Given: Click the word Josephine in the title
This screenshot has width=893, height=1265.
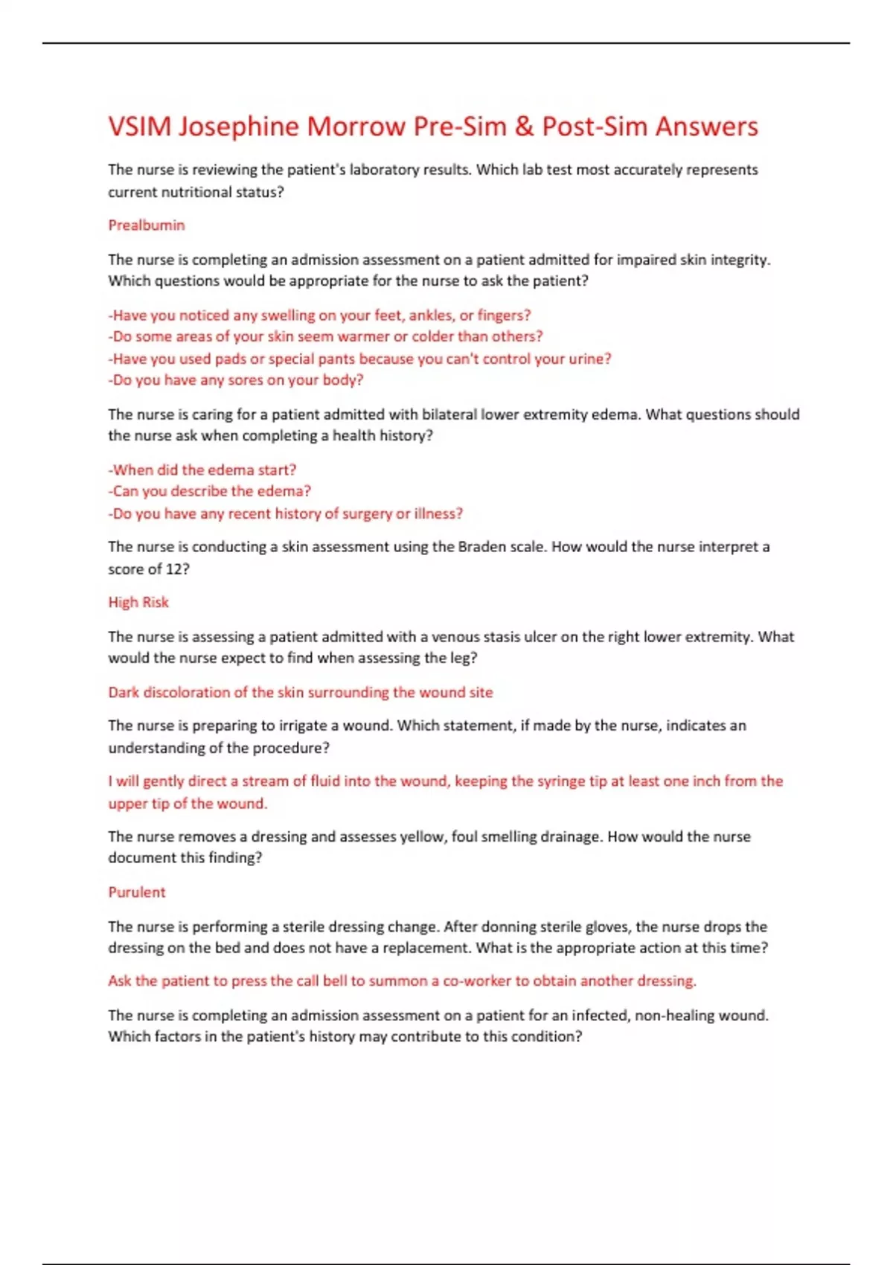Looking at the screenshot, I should pyautogui.click(x=238, y=127).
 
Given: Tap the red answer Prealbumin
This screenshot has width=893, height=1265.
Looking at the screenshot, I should pyautogui.click(x=146, y=225).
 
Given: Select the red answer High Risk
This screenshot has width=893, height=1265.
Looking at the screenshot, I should pyautogui.click(x=138, y=603).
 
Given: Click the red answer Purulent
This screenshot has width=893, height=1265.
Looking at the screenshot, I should pyautogui.click(x=137, y=892).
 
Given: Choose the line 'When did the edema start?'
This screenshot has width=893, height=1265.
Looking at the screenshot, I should pyautogui.click(x=202, y=470).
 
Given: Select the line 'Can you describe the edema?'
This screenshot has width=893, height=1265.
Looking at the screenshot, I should pyautogui.click(x=210, y=492).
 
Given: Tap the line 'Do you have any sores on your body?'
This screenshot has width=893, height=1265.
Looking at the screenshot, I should pyautogui.click(x=236, y=380).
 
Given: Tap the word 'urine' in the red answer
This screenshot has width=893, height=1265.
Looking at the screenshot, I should pyautogui.click(x=588, y=359).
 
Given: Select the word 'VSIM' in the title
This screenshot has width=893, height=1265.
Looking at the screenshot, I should pyautogui.click(x=139, y=127).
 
